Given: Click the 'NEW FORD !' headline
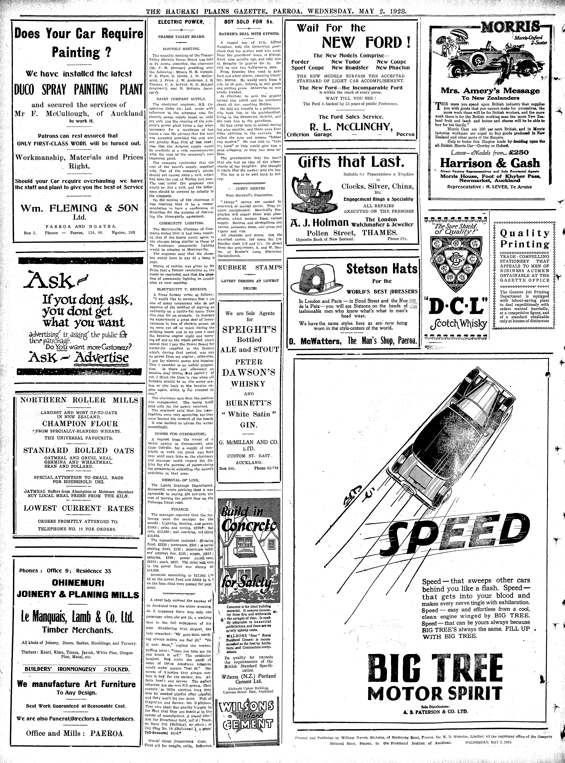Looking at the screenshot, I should click(x=367, y=42).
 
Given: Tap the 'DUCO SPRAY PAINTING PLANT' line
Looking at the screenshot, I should click(x=78, y=89).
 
